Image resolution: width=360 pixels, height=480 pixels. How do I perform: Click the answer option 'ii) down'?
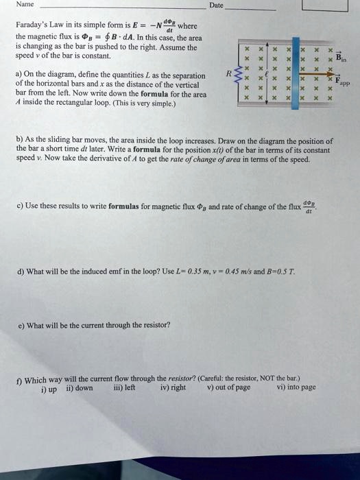[80, 387]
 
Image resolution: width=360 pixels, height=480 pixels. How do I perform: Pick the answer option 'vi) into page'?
[296, 387]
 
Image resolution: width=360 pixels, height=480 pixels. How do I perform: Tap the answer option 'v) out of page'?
[228, 387]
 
